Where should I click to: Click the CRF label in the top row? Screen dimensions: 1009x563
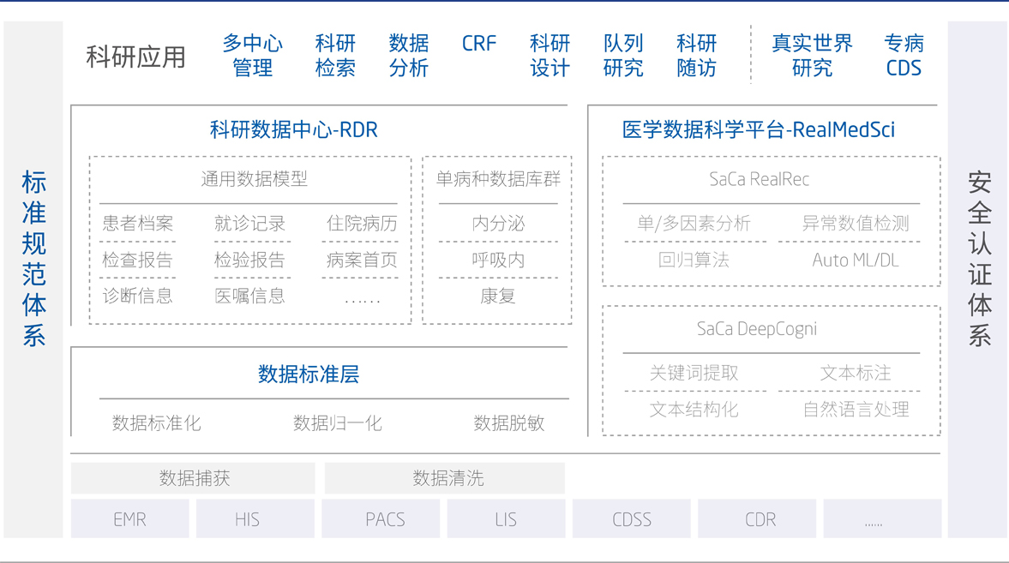click(x=478, y=44)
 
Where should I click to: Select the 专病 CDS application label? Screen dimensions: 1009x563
click(x=904, y=56)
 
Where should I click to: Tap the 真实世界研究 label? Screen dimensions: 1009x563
click(x=812, y=56)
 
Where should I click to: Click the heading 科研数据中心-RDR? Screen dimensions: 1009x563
click(x=293, y=130)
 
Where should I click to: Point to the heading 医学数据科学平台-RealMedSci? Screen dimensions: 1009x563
click(x=758, y=130)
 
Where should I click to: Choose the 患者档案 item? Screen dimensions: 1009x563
click(x=138, y=224)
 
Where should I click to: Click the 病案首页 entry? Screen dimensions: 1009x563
click(x=362, y=260)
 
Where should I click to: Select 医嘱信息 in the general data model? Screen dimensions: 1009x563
click(x=249, y=296)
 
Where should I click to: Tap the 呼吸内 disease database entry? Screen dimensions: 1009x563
click(x=498, y=260)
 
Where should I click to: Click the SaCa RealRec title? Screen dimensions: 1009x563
click(x=760, y=179)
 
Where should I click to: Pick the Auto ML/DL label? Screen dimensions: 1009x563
click(x=856, y=260)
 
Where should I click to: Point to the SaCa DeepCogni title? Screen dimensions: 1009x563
click(x=757, y=329)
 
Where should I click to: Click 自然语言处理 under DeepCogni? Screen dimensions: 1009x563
click(x=856, y=410)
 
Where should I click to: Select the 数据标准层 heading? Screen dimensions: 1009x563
click(x=309, y=374)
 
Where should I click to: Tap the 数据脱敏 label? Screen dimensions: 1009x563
click(x=509, y=422)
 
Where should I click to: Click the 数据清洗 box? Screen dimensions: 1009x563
click(x=445, y=478)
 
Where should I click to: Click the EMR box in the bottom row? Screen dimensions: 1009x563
click(x=130, y=518)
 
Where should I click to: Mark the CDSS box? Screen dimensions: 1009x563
click(x=631, y=518)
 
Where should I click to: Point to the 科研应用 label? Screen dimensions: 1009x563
click(x=135, y=57)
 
